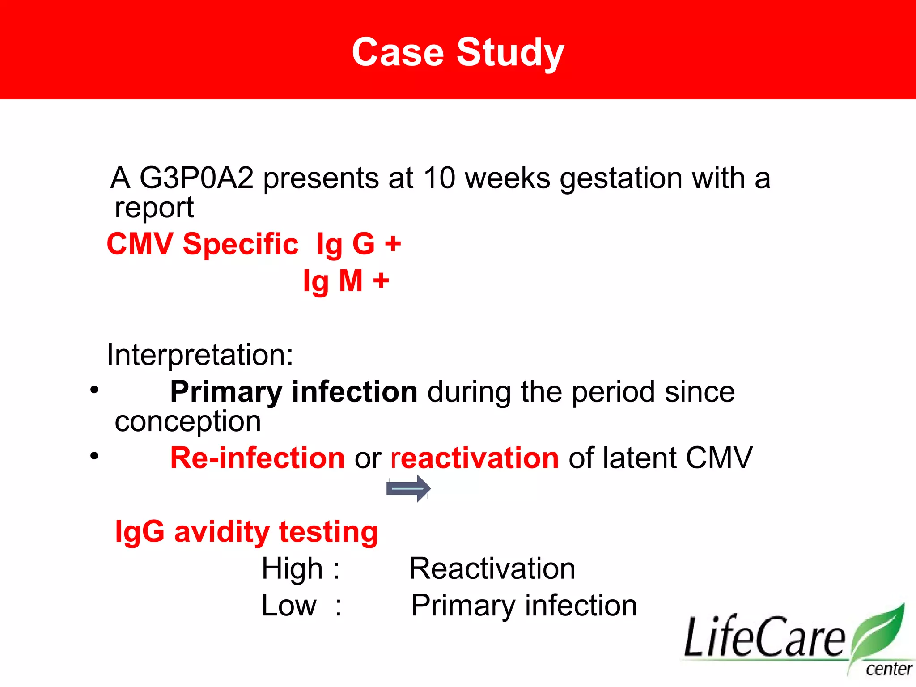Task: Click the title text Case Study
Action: click(x=458, y=53)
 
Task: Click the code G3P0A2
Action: click(x=196, y=178)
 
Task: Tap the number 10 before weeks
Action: click(x=439, y=178)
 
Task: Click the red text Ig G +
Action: click(x=359, y=244)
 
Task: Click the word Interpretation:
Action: click(x=200, y=355)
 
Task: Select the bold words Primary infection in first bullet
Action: click(x=293, y=392)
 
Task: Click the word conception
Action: click(x=188, y=421)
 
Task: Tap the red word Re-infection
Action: click(x=257, y=458)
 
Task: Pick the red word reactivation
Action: click(x=475, y=458)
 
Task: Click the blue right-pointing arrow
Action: click(x=408, y=488)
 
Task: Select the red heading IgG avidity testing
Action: click(x=246, y=532)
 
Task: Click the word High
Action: click(x=292, y=569)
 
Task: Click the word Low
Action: click(x=289, y=606)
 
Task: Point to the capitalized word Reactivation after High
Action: click(x=492, y=569)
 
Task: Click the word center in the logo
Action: click(x=888, y=670)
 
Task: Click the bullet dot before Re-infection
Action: click(x=94, y=456)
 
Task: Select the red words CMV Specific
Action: click(x=202, y=244)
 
